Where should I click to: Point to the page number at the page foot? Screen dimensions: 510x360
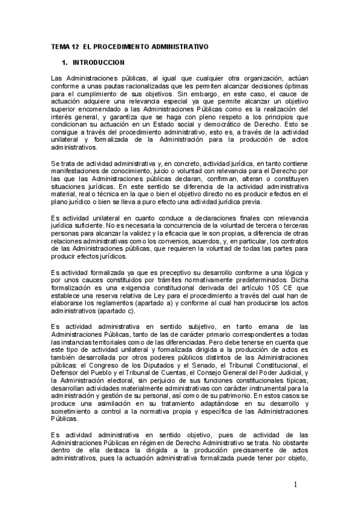(x=296, y=484)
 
